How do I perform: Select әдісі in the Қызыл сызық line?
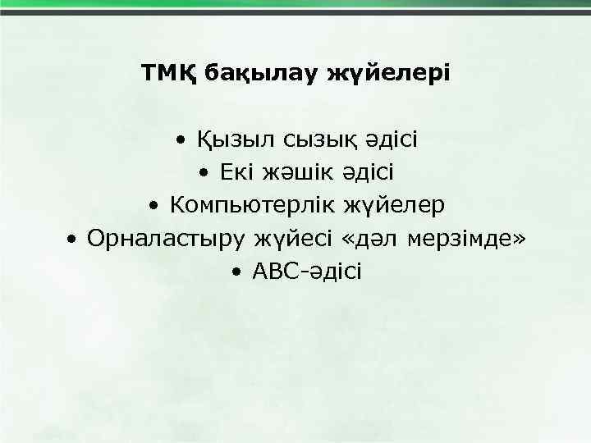(391, 140)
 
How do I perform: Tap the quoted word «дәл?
(369, 239)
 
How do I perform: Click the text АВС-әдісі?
(307, 272)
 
